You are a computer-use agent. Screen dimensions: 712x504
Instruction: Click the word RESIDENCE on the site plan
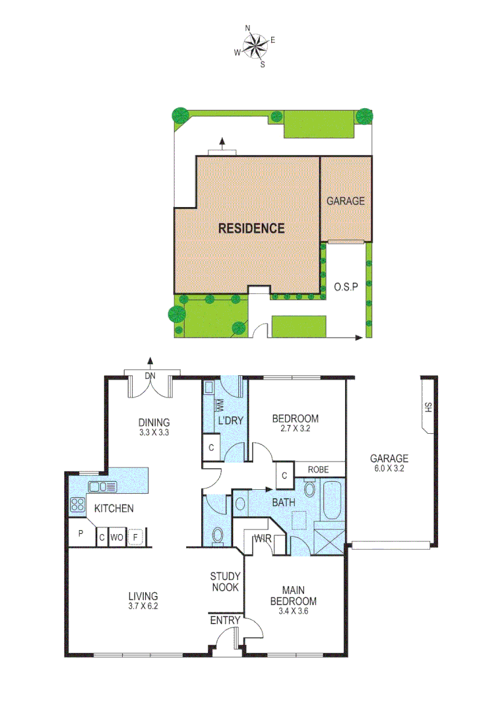(x=251, y=229)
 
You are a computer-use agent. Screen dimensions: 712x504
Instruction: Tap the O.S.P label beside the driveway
(x=346, y=287)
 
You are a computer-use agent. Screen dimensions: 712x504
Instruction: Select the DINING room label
(x=154, y=423)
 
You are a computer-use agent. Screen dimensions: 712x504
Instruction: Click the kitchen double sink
(x=103, y=487)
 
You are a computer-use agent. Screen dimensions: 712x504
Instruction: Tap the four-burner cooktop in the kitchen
(x=77, y=506)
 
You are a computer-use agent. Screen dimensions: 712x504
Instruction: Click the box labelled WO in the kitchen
(x=117, y=538)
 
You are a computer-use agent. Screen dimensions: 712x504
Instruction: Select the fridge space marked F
(x=136, y=538)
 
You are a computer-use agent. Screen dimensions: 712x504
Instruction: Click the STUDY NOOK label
(x=224, y=581)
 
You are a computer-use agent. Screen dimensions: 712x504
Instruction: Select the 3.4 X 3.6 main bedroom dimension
(x=294, y=611)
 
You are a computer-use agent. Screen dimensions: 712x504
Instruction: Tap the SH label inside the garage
(x=427, y=407)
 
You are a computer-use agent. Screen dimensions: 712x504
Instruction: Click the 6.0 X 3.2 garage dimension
(x=389, y=470)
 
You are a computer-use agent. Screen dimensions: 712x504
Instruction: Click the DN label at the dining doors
(x=150, y=376)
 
